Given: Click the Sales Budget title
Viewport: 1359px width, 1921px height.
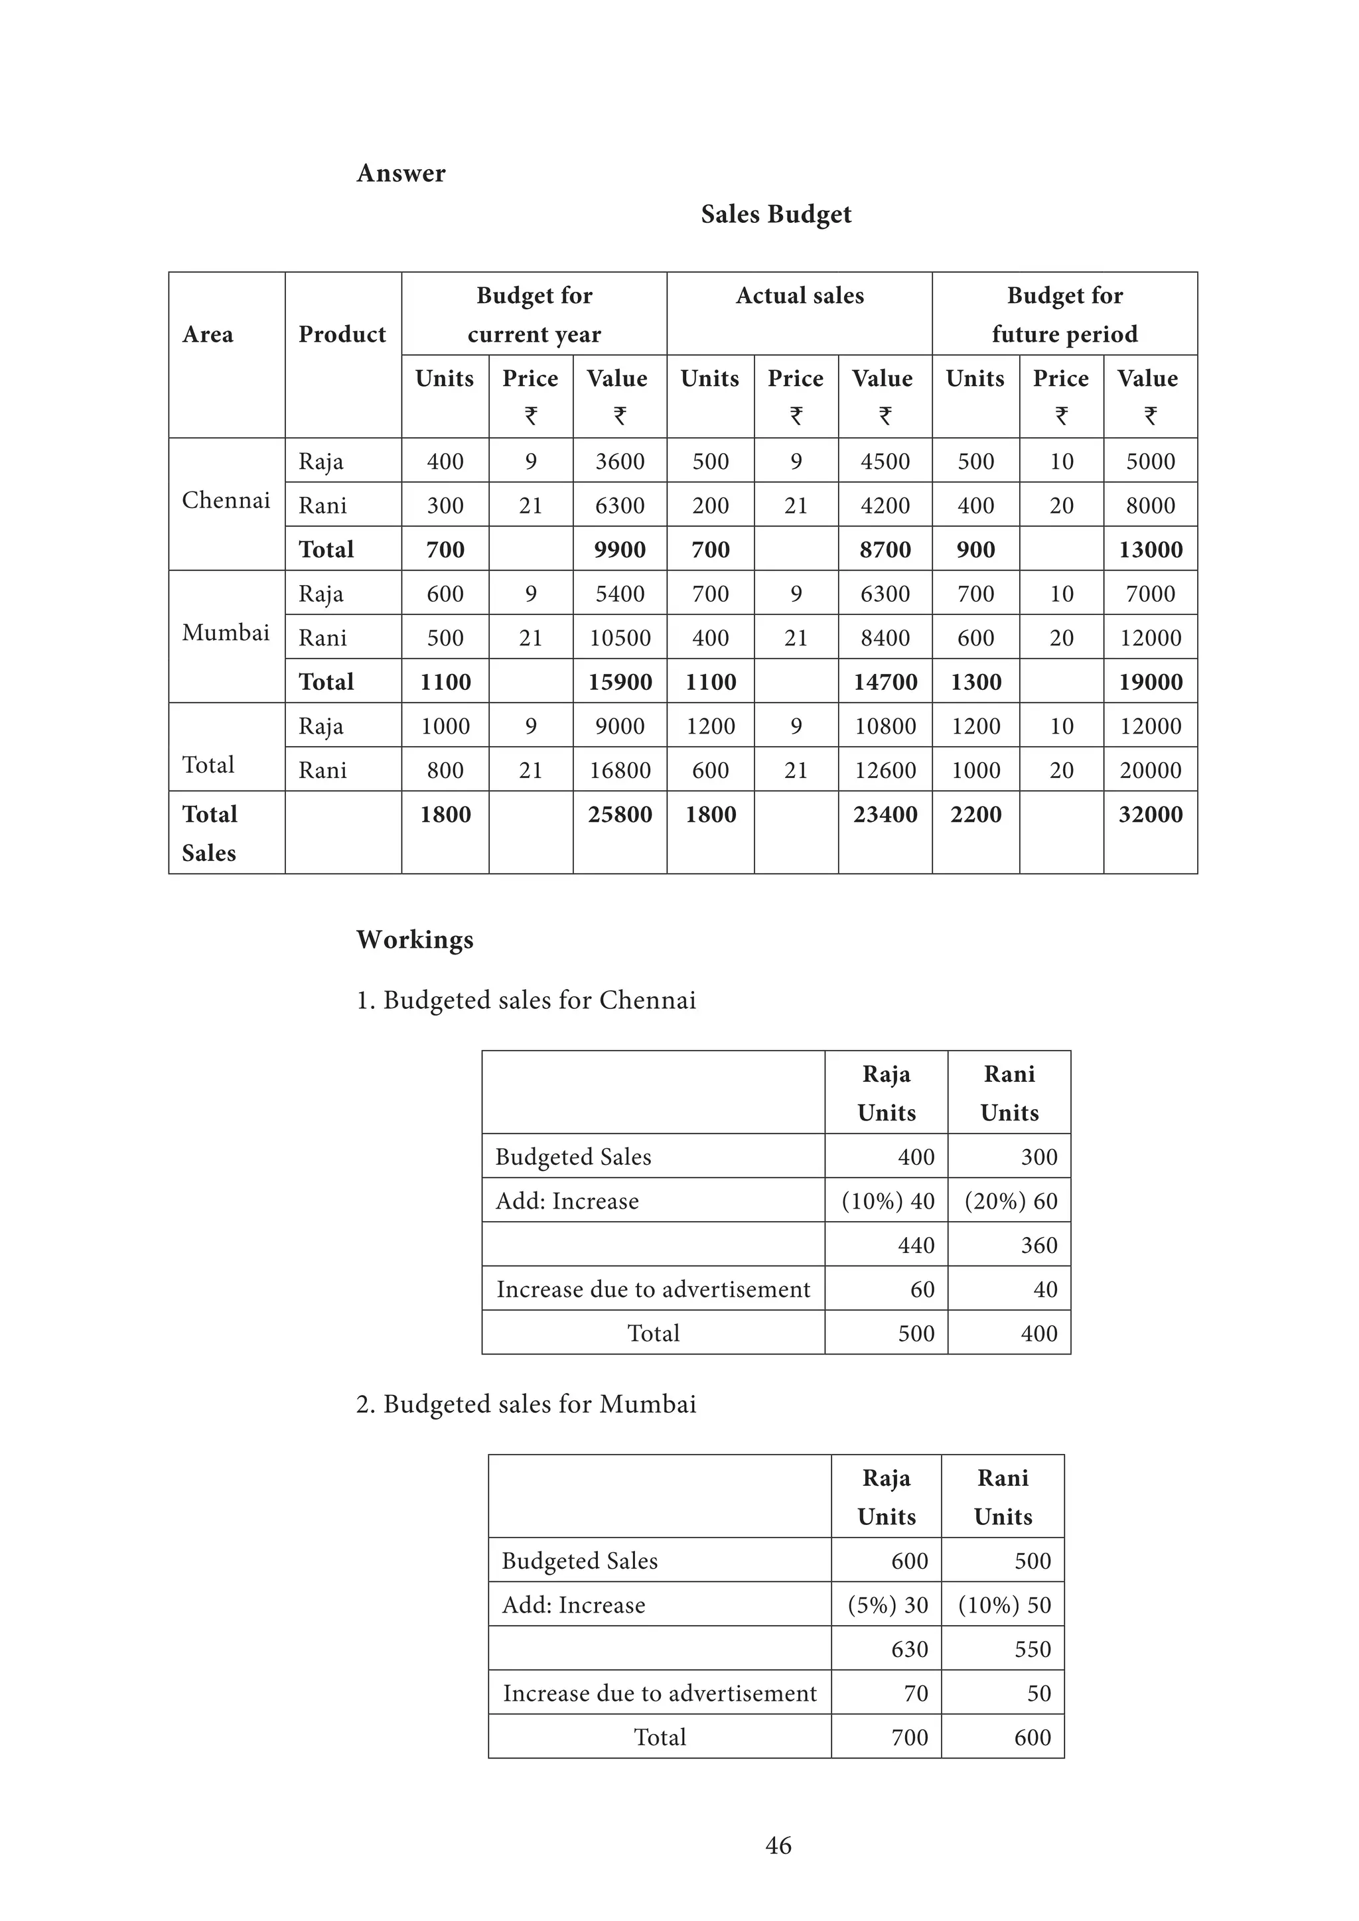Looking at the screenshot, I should tap(776, 214).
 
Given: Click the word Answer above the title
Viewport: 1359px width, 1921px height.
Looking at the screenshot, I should tap(401, 173).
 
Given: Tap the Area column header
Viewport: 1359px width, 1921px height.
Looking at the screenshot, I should tap(208, 335).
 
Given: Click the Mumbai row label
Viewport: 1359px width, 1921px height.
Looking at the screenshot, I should tap(226, 633).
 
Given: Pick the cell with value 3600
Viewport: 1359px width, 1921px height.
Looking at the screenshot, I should tap(619, 461).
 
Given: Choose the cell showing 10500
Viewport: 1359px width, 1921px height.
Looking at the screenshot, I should tap(619, 637).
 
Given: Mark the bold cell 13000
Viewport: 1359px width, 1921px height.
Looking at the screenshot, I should tap(1150, 550).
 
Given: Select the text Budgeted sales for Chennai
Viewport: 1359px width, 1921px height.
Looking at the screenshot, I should tap(526, 1001).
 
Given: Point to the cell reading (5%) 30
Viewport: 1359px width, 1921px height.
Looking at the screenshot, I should tap(887, 1605).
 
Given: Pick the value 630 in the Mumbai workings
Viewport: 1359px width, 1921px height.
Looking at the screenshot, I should tap(909, 1649).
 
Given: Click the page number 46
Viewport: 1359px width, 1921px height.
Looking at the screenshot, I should tap(778, 1845).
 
